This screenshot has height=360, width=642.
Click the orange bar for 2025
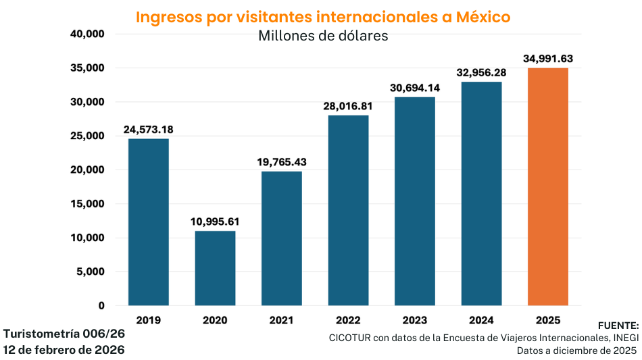coord(547,186)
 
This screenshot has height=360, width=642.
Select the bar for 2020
coord(215,268)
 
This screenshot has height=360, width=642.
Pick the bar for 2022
coord(348,210)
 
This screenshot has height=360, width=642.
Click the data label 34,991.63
coord(548,59)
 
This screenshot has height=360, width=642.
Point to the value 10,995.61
coord(215,222)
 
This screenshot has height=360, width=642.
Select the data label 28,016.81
coord(348,106)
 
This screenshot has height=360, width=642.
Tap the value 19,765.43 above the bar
coord(282,162)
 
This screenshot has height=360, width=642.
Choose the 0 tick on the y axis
coord(101,306)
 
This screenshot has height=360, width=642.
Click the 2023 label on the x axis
coord(414,319)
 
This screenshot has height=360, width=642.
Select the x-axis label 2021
coord(282,319)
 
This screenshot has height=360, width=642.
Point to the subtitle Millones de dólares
coord(323,36)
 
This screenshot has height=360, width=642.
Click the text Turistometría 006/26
coord(64,334)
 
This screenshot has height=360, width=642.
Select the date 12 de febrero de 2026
coord(64,350)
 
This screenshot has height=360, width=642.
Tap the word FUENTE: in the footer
coord(618,326)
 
